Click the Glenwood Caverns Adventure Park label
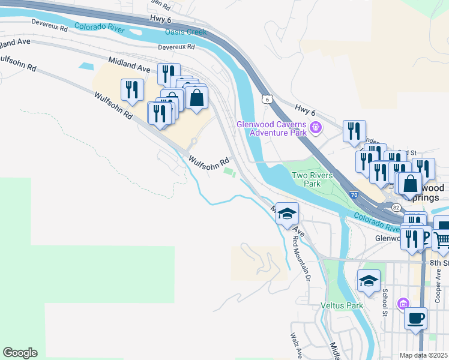click(271, 128)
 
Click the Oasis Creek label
click(186, 32)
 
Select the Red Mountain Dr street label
click(301, 258)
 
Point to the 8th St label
click(439, 263)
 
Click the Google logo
click(20, 353)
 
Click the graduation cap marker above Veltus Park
click(369, 280)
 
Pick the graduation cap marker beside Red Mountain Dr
click(288, 213)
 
